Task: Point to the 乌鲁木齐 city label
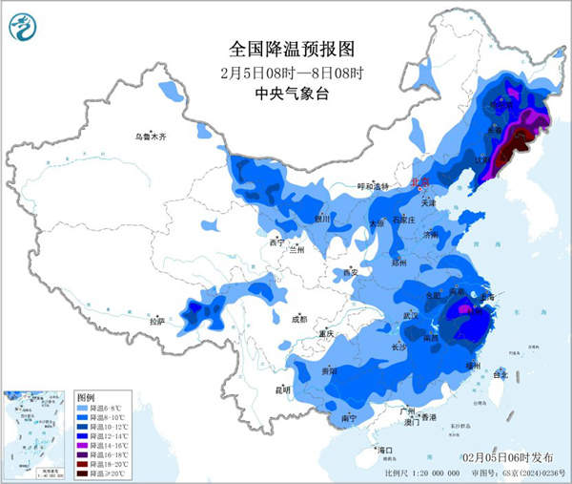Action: point(150,137)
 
